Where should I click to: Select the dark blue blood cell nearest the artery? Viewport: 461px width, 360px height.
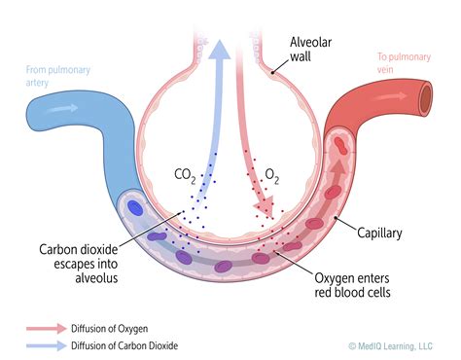tap(133, 207)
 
